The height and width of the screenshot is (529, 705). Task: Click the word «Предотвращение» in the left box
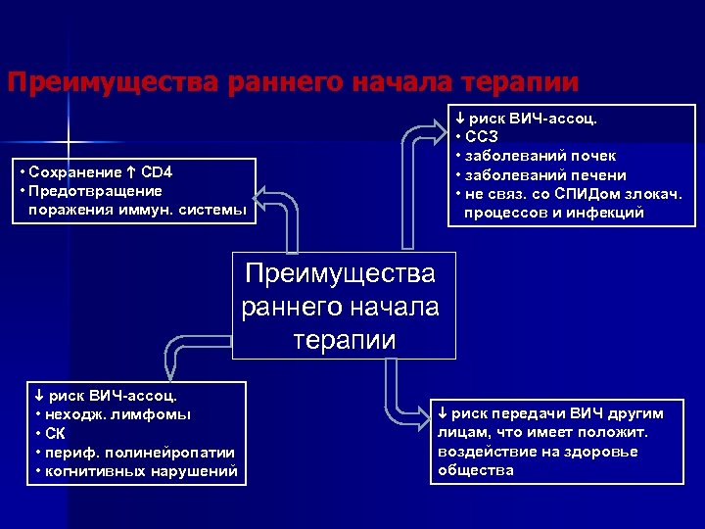click(x=89, y=190)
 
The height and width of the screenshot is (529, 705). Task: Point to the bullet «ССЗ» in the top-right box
click(x=482, y=137)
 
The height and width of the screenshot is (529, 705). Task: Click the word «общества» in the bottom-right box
click(x=477, y=470)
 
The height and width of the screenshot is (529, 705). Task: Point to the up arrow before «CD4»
click(x=132, y=172)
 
